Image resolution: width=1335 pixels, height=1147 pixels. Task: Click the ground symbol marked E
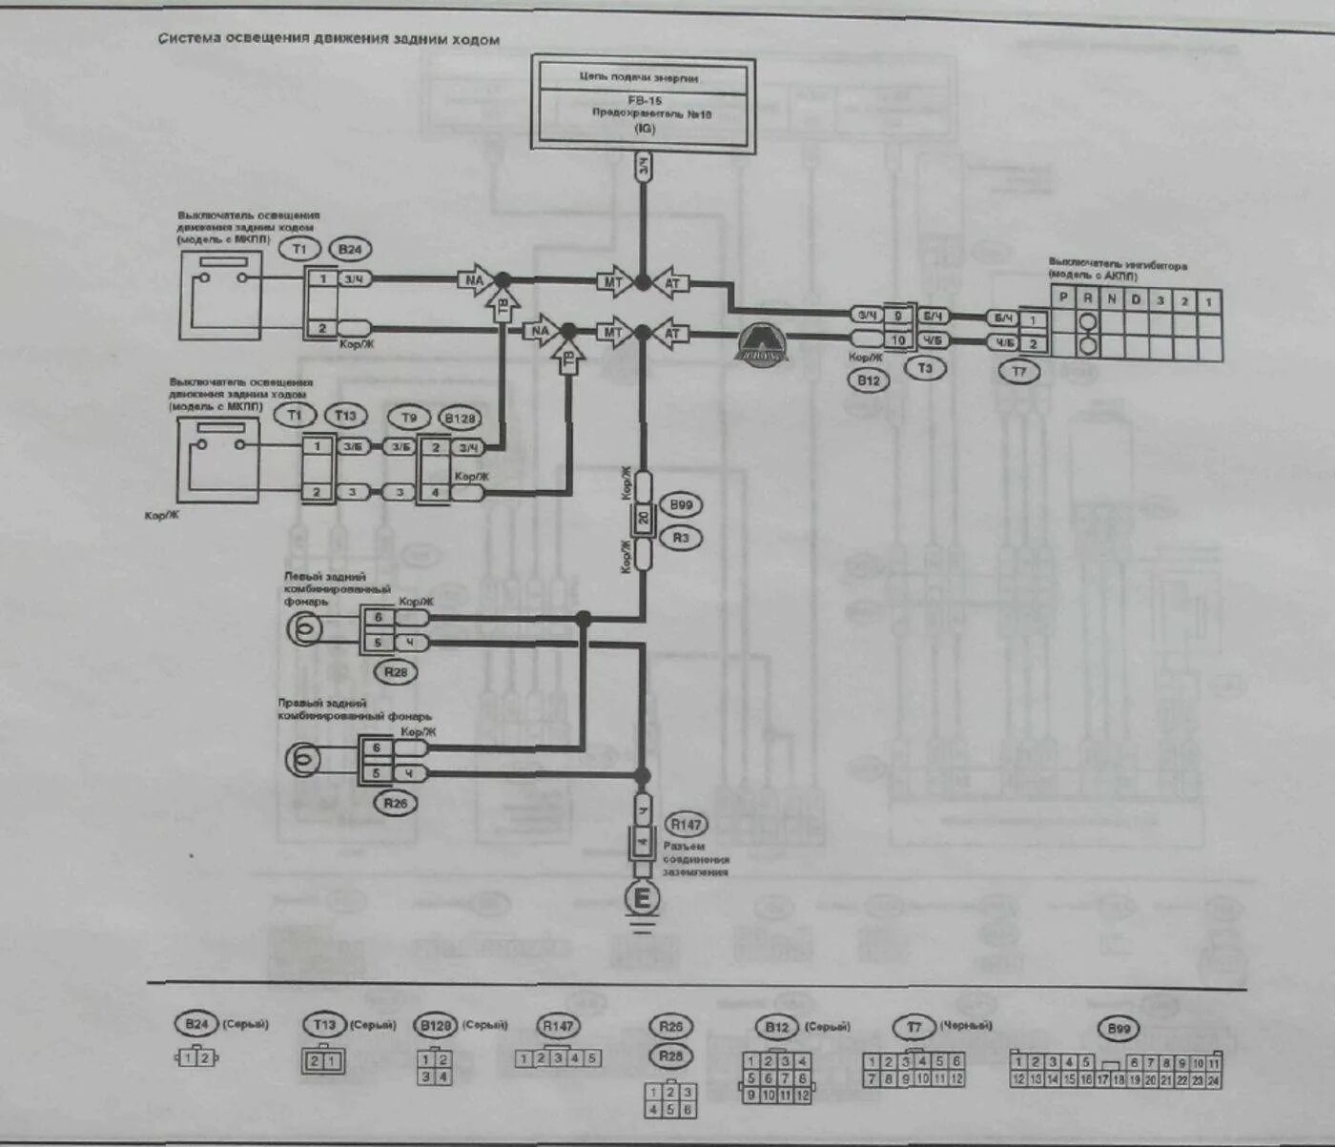pyautogui.click(x=642, y=898)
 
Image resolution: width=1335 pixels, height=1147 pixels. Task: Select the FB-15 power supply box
pyautogui.click(x=644, y=103)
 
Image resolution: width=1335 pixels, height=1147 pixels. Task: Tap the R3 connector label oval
pyautogui.click(x=681, y=538)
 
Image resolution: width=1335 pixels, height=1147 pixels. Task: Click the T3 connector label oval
pyautogui.click(x=924, y=368)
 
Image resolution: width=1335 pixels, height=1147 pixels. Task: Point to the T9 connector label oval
pyautogui.click(x=409, y=418)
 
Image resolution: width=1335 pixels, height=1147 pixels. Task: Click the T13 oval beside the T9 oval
pyautogui.click(x=345, y=416)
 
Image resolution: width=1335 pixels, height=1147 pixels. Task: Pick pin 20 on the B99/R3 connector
pyautogui.click(x=643, y=520)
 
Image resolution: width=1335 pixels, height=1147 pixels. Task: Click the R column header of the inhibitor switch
pyautogui.click(x=1088, y=298)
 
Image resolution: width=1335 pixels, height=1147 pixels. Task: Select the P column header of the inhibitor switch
pyautogui.click(x=1064, y=298)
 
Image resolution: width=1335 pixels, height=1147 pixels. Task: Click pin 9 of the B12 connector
pyautogui.click(x=897, y=316)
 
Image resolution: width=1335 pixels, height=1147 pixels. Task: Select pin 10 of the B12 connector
pyautogui.click(x=897, y=339)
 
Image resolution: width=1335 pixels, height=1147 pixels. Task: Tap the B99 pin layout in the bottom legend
pyautogui.click(x=1116, y=1071)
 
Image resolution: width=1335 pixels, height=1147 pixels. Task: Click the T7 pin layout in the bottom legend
pyautogui.click(x=914, y=1070)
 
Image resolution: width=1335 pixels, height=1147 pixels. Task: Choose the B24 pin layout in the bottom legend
pyautogui.click(x=197, y=1057)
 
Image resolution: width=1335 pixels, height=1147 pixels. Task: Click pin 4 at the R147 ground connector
pyautogui.click(x=643, y=843)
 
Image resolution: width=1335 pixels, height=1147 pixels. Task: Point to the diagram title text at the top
pyautogui.click(x=329, y=39)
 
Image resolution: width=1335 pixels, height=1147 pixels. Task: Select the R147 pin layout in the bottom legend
pyautogui.click(x=559, y=1058)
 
